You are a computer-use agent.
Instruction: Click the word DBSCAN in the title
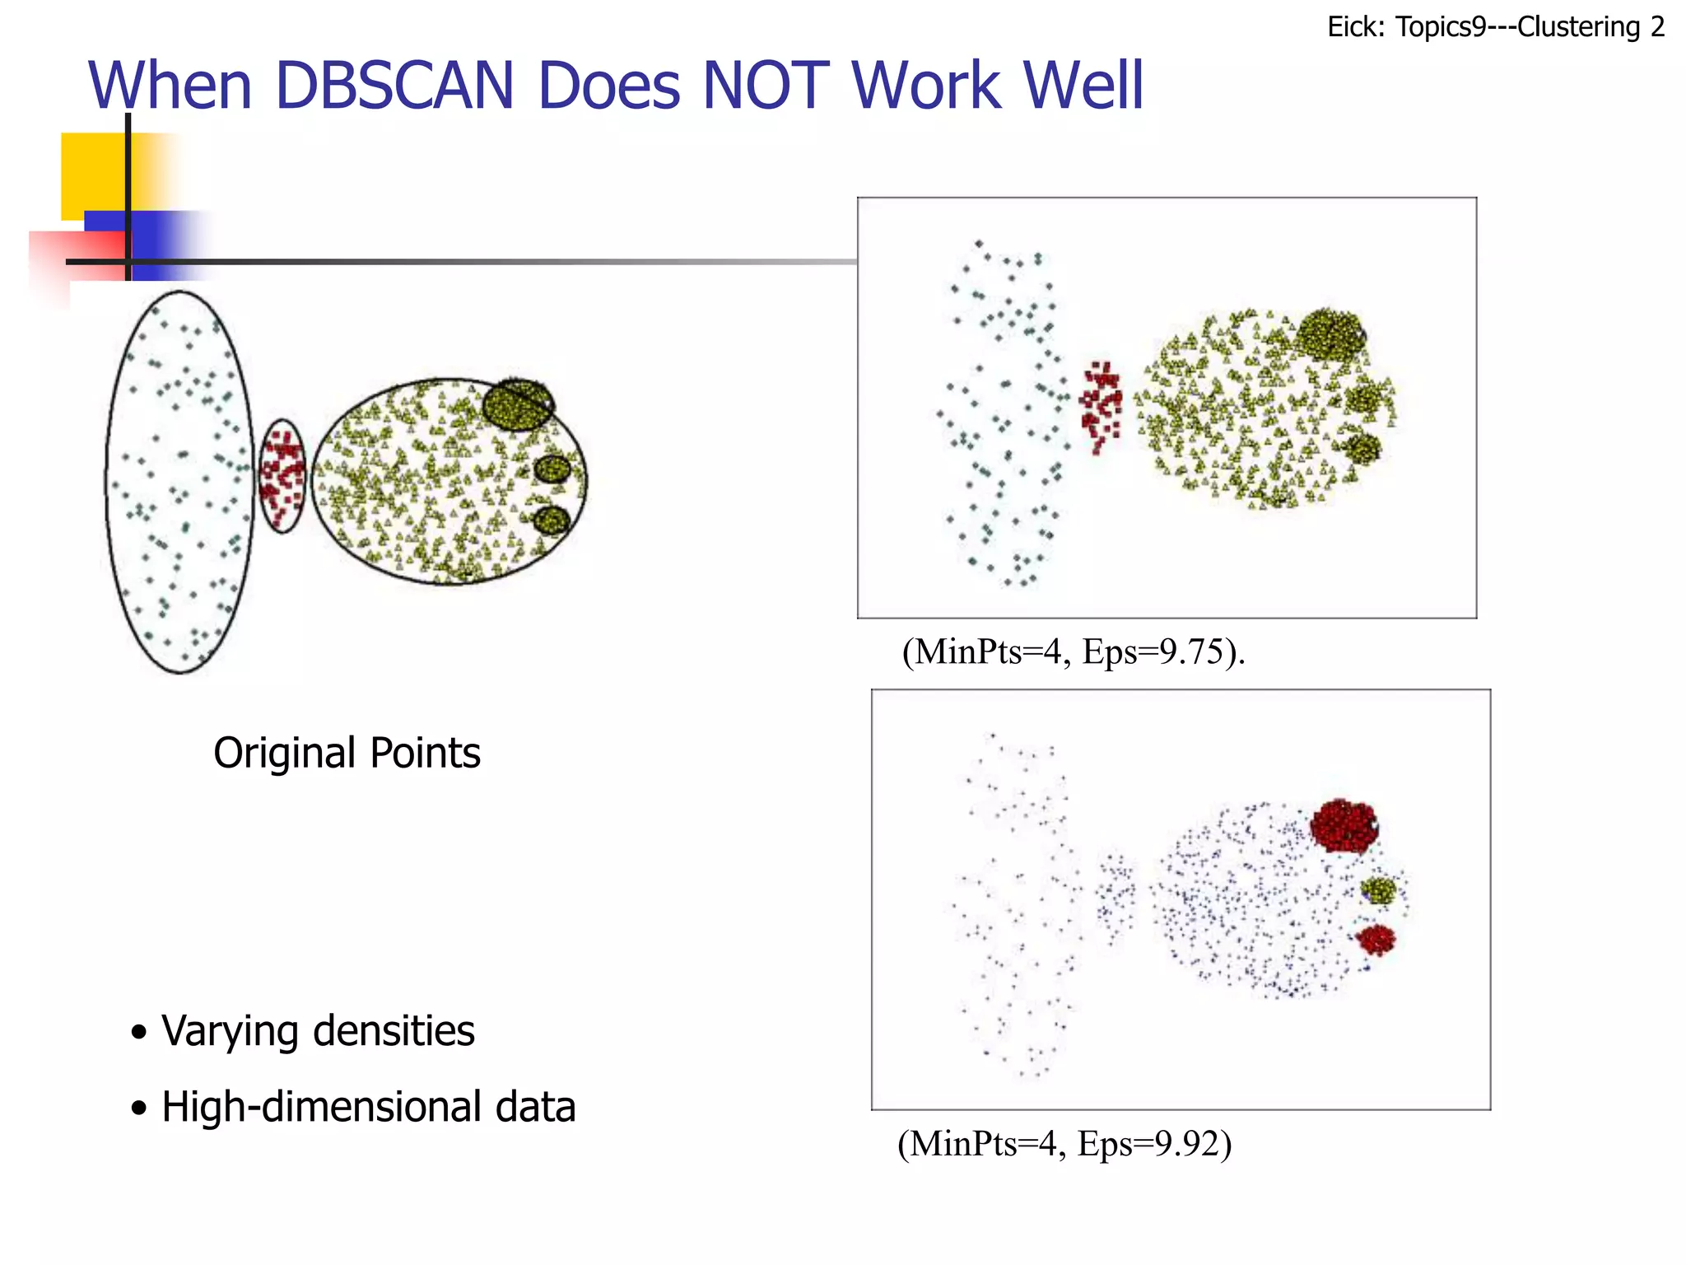tap(394, 86)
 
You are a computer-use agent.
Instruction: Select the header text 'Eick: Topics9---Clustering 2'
tap(1496, 27)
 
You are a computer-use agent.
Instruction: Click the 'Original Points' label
tap(347, 753)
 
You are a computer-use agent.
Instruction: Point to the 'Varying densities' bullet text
tap(318, 1031)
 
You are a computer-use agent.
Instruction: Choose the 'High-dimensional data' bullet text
tap(368, 1107)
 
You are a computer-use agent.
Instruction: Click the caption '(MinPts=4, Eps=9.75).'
tap(1073, 651)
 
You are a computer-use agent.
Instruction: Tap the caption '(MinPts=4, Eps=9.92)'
tap(1064, 1144)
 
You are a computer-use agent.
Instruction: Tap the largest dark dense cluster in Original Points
tap(517, 404)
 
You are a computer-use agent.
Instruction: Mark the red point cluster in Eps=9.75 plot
tap(1101, 404)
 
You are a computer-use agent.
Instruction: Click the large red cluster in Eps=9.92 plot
tap(1344, 825)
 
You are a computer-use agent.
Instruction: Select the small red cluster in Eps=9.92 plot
tap(1376, 939)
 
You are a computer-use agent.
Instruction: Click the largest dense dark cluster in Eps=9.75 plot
tap(1330, 334)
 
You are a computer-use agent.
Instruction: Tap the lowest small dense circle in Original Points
tap(552, 520)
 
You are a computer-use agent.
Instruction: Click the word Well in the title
tap(1081, 86)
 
